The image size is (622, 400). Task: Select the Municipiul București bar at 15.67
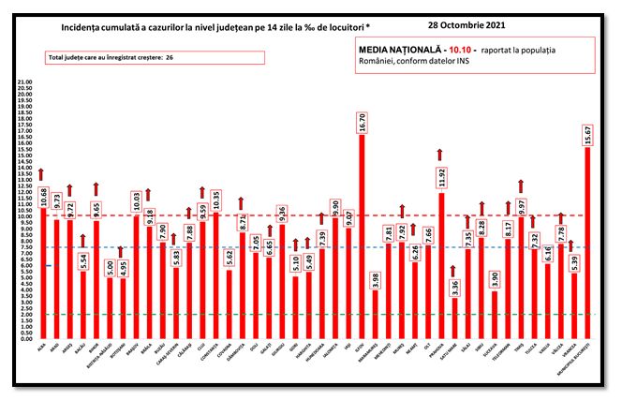pos(587,244)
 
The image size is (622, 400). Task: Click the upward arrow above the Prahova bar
pos(440,154)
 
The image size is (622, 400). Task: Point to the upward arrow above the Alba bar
pos(42,173)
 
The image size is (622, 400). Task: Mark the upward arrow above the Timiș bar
pos(521,185)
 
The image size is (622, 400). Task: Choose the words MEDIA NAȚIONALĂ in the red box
pos(397,45)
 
